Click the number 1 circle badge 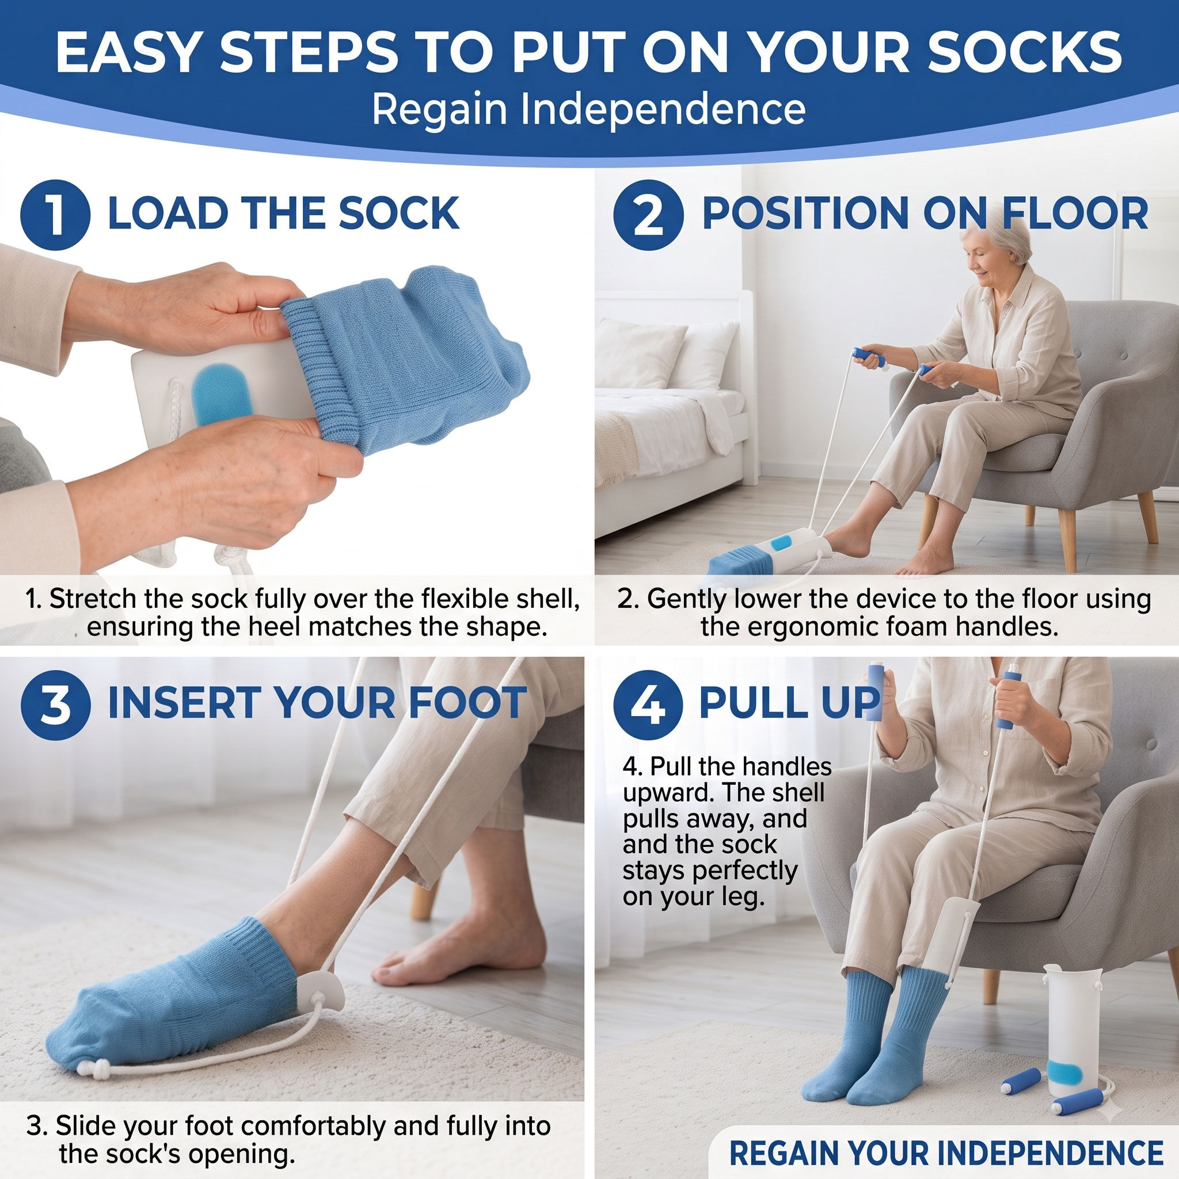coord(55,215)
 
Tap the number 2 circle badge coord(648,215)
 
